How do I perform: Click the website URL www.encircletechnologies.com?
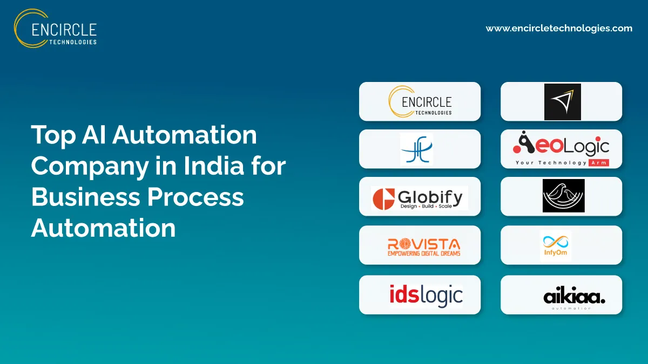559,29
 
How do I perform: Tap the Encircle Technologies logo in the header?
56,28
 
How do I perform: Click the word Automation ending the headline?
103,228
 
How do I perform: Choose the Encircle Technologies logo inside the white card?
420,101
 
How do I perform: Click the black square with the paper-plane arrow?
562,101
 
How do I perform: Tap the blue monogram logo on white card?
416,149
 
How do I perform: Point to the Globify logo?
420,197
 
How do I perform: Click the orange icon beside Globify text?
384,198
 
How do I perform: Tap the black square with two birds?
563,196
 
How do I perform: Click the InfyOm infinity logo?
556,246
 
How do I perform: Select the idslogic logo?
426,296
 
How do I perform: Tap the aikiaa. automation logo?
573,297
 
